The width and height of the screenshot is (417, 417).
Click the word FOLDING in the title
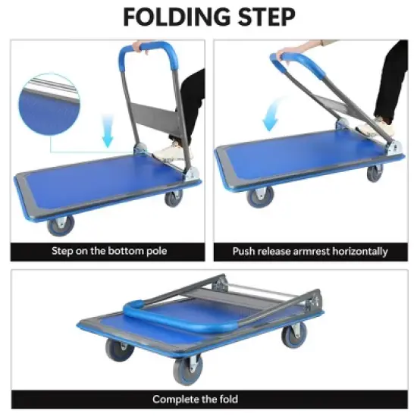169,16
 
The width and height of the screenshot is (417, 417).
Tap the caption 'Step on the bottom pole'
109,251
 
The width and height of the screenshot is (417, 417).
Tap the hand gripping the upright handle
138,46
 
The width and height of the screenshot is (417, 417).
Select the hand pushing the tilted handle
287,54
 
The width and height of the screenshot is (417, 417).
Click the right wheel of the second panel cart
375,173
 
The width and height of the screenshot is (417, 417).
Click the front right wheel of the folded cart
291,338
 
